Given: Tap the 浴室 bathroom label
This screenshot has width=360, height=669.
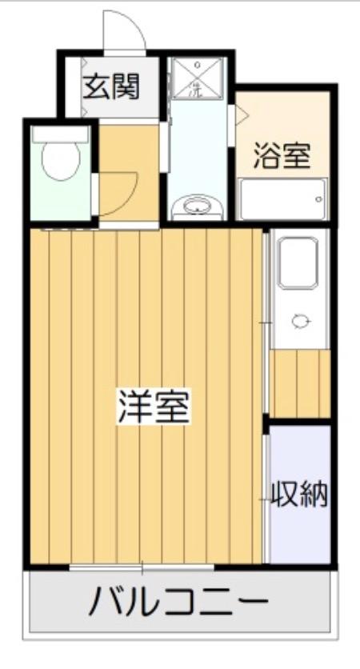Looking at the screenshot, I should click(282, 154).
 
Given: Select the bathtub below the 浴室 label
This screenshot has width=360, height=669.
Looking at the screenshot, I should click(282, 198).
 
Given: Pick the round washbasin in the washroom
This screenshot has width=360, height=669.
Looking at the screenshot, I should click(196, 207).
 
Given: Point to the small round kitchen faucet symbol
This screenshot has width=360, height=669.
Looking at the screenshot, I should click(301, 321).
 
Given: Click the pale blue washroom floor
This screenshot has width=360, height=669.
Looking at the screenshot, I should click(196, 144).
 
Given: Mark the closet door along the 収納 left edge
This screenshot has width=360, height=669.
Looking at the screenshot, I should click(265, 496).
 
